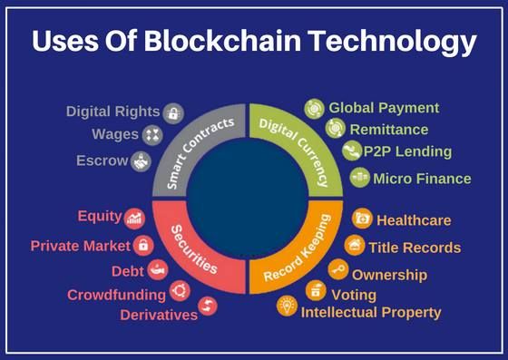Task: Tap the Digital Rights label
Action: coord(112,112)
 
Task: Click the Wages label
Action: coord(116,135)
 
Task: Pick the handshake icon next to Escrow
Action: coord(141,161)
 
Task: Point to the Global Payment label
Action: coord(384,108)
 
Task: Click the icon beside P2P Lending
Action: coord(351,151)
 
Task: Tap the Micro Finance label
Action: coord(422,179)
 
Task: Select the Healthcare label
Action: coord(413,220)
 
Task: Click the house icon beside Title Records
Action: coord(354,245)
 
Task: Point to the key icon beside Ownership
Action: coord(337,270)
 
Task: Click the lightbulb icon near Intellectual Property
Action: coord(287,306)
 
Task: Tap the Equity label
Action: coord(100,216)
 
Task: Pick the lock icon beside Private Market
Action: coord(142,245)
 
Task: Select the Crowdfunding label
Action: coord(116,295)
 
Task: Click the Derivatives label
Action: coord(159,315)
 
